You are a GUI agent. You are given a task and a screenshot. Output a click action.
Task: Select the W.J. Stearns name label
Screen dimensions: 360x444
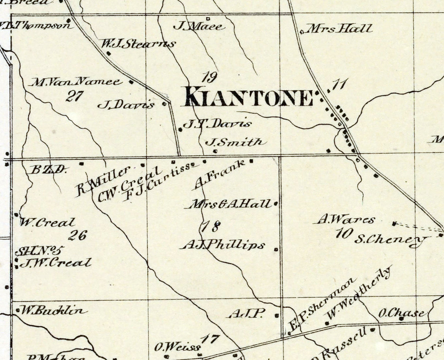point(138,44)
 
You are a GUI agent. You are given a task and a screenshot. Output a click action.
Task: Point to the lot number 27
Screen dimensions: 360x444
point(75,96)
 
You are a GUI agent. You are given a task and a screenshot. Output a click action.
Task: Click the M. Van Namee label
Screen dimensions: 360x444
point(76,82)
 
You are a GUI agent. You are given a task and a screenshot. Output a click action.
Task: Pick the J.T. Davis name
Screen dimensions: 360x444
point(217,124)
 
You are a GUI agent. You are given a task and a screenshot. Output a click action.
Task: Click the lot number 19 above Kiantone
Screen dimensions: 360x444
point(210,77)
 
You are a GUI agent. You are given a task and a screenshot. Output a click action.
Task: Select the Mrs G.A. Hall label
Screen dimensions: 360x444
point(230,204)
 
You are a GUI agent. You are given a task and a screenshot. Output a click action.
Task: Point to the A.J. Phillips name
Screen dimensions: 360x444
point(223,245)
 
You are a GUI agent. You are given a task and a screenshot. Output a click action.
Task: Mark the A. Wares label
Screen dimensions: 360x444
point(346,220)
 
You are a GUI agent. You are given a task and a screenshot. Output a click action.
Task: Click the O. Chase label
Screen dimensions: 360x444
point(401,313)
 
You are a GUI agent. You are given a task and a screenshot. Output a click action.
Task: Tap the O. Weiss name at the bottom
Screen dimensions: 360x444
point(177,347)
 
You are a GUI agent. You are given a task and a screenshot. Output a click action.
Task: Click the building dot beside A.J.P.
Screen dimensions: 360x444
point(276,315)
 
